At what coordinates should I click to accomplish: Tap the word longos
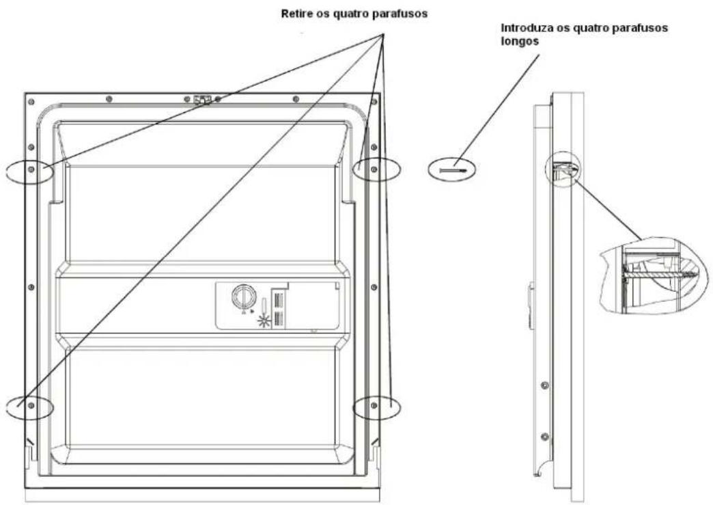(517, 40)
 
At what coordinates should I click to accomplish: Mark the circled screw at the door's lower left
(31, 406)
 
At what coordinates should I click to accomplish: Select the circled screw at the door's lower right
(373, 406)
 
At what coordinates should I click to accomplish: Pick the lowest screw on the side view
(544, 436)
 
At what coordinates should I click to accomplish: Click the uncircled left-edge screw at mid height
(31, 287)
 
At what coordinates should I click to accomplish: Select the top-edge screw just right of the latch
(218, 100)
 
